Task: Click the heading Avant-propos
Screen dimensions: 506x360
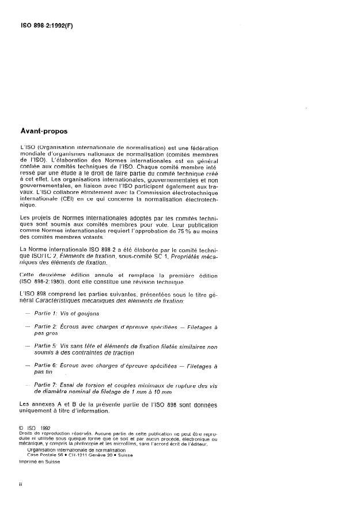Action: [x=44, y=131]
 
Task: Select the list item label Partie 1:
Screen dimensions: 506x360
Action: [x=50, y=314]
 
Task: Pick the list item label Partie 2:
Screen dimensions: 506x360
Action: [x=50, y=326]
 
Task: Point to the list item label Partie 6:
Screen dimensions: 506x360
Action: [x=50, y=365]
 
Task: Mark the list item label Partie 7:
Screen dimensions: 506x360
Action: [x=50, y=384]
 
